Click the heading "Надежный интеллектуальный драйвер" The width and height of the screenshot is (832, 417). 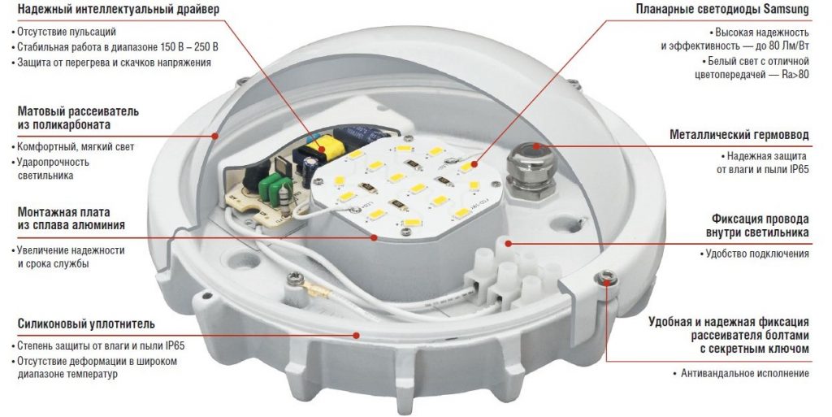click(x=119, y=10)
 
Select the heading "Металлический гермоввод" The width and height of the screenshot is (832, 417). click(x=739, y=135)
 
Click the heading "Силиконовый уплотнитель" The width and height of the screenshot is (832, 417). click(x=86, y=324)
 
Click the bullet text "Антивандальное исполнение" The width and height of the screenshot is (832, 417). click(x=745, y=373)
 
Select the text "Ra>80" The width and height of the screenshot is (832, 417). click(x=795, y=74)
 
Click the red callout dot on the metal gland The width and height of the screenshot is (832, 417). click(x=536, y=146)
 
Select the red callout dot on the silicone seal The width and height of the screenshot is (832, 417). click(x=357, y=335)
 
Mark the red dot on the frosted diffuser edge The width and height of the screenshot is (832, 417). click(x=214, y=135)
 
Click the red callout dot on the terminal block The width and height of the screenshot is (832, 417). click(x=509, y=244)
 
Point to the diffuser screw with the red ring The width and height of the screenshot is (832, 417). click(x=606, y=276)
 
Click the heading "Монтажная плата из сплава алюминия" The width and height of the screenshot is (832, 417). click(x=71, y=219)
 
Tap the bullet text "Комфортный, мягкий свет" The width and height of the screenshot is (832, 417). click(x=75, y=147)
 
